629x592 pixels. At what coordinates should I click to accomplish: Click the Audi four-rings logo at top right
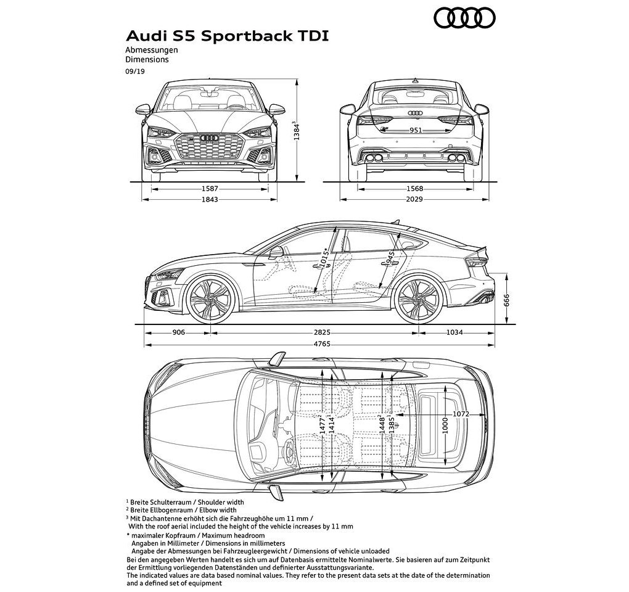coord(465,18)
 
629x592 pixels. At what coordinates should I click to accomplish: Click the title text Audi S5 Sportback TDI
coord(227,36)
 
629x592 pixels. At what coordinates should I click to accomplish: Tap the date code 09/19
coord(135,72)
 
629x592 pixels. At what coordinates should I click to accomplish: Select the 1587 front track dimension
coord(210,189)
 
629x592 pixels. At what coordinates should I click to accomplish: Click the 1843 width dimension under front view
coord(210,199)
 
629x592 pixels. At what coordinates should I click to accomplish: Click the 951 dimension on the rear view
coord(415,130)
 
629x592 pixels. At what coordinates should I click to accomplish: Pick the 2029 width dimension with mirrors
coord(414,199)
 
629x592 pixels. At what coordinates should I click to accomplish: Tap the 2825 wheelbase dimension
coord(322,332)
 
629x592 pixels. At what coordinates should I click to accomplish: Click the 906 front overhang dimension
coord(178,332)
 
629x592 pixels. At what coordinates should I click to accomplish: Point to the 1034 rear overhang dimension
coord(454,332)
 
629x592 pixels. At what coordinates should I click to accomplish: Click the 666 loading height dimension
coord(506,300)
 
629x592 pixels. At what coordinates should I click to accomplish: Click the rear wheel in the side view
coord(418,299)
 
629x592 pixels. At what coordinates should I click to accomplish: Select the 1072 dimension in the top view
coord(461,414)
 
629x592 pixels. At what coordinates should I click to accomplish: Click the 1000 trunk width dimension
coord(445,425)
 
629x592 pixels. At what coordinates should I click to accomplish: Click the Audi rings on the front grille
coord(209,138)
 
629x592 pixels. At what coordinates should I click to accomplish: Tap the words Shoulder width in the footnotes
coord(221,502)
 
